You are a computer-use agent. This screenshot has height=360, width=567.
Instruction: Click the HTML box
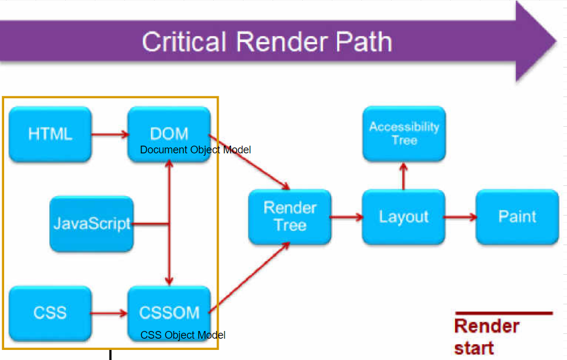click(50, 134)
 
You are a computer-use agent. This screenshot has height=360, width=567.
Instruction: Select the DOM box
click(169, 134)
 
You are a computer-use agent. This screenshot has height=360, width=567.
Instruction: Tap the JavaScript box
click(91, 224)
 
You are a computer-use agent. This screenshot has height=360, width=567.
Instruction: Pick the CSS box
click(50, 313)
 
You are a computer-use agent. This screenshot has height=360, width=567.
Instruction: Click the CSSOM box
click(169, 313)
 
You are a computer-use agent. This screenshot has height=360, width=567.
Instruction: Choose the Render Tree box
click(290, 217)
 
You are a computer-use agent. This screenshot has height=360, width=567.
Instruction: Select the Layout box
click(403, 217)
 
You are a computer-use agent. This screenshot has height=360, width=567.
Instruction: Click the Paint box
click(517, 217)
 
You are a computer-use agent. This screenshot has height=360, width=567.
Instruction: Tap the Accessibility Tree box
click(404, 133)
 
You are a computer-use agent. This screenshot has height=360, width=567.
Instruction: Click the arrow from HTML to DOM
click(110, 134)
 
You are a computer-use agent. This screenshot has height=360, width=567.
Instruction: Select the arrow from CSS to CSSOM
click(109, 313)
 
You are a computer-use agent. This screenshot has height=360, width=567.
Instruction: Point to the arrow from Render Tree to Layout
click(347, 217)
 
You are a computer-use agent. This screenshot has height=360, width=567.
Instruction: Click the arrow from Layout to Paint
click(460, 217)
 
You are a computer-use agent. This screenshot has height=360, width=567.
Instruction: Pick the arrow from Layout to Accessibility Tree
click(403, 176)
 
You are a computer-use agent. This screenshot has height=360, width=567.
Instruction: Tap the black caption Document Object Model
click(196, 150)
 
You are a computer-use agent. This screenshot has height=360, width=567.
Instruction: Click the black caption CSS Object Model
click(182, 335)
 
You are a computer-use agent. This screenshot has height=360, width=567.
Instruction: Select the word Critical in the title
click(184, 41)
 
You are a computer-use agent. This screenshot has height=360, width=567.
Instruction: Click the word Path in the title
click(364, 41)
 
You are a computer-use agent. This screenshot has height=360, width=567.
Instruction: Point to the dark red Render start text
click(487, 337)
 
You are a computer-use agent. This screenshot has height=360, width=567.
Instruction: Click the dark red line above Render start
click(504, 313)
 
